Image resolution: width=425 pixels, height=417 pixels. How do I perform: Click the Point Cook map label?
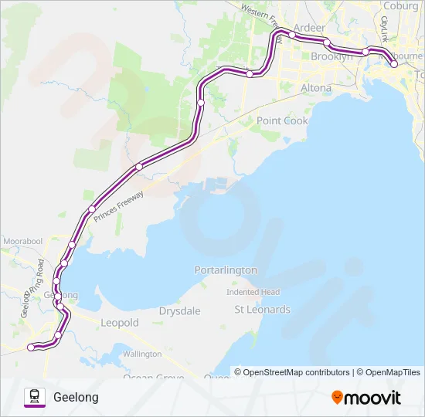(x=282, y=120)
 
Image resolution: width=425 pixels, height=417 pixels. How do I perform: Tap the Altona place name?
(x=315, y=88)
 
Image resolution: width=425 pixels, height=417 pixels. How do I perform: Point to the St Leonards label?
(x=262, y=310)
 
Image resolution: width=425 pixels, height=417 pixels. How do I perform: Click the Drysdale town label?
(x=179, y=310)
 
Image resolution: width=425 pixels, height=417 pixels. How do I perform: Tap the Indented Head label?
(x=253, y=292)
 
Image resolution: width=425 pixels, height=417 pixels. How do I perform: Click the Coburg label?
(x=400, y=5)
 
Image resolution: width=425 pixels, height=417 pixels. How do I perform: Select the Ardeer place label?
(x=309, y=28)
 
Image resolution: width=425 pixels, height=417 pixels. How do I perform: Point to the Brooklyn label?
(x=331, y=56)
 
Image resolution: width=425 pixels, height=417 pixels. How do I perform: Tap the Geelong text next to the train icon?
(x=76, y=397)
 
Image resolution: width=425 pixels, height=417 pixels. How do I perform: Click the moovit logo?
(x=366, y=397)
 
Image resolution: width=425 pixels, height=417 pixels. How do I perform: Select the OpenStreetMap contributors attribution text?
(x=296, y=372)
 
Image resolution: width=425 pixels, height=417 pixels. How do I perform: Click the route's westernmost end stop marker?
(x=31, y=347)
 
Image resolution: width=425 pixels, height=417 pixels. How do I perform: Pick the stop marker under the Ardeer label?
(x=293, y=36)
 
